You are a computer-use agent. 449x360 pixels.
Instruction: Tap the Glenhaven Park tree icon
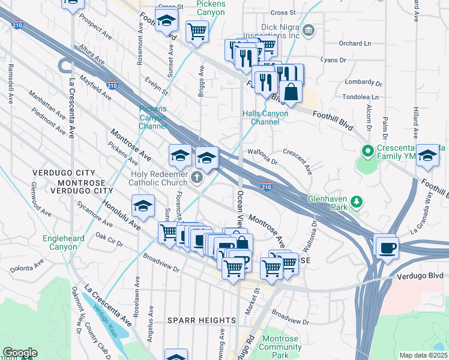(357, 200)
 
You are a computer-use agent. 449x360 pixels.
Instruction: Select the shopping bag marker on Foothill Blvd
(291, 93)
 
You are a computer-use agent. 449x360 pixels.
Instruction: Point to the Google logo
(19, 353)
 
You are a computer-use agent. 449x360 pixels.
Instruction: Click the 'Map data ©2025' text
(423, 355)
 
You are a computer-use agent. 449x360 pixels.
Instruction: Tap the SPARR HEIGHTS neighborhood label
(201, 320)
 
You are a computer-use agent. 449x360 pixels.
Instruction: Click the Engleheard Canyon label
(59, 242)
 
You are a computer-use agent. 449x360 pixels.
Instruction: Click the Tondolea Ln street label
(358, 97)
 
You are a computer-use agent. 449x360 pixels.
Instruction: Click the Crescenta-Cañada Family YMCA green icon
(366, 149)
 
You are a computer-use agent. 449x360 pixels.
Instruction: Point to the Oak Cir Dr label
(109, 241)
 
